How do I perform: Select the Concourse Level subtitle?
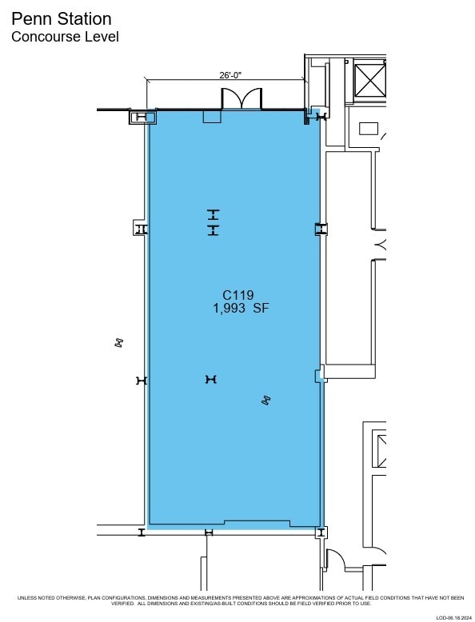point(65,37)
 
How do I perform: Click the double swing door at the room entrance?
point(241,98)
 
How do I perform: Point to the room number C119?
point(237,294)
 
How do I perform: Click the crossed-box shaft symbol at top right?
point(369,78)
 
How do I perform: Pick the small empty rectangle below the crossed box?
point(369,128)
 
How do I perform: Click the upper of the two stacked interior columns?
point(213,214)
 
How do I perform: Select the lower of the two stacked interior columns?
point(213,230)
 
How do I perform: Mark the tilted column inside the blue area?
point(266,401)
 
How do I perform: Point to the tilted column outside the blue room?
point(119,343)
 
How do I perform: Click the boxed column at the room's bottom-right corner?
point(321,532)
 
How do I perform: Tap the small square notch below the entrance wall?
point(211,118)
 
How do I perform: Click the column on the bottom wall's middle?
point(209,532)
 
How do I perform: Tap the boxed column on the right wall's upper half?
point(321,229)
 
